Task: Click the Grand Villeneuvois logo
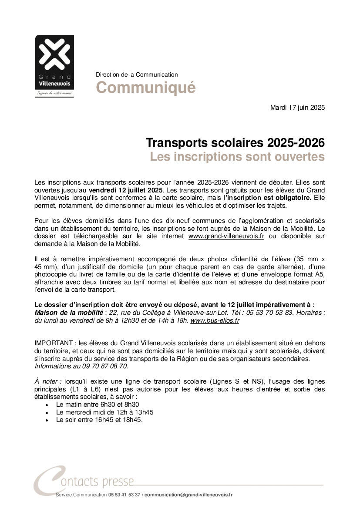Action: tap(54, 65)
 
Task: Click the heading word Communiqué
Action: tap(145, 88)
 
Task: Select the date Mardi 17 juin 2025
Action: tap(297, 107)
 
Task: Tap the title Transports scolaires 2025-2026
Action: tap(235, 143)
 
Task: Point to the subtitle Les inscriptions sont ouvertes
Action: tap(237, 157)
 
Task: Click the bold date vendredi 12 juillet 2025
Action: tap(126, 190)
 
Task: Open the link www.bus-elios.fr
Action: tap(215, 320)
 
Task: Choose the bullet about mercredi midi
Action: tap(104, 412)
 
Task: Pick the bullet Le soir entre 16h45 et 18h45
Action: tap(99, 420)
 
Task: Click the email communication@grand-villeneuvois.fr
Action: tap(188, 495)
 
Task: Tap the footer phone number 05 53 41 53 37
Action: tap(124, 495)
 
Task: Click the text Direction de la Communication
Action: tap(137, 75)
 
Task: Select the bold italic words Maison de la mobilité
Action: tap(68, 313)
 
